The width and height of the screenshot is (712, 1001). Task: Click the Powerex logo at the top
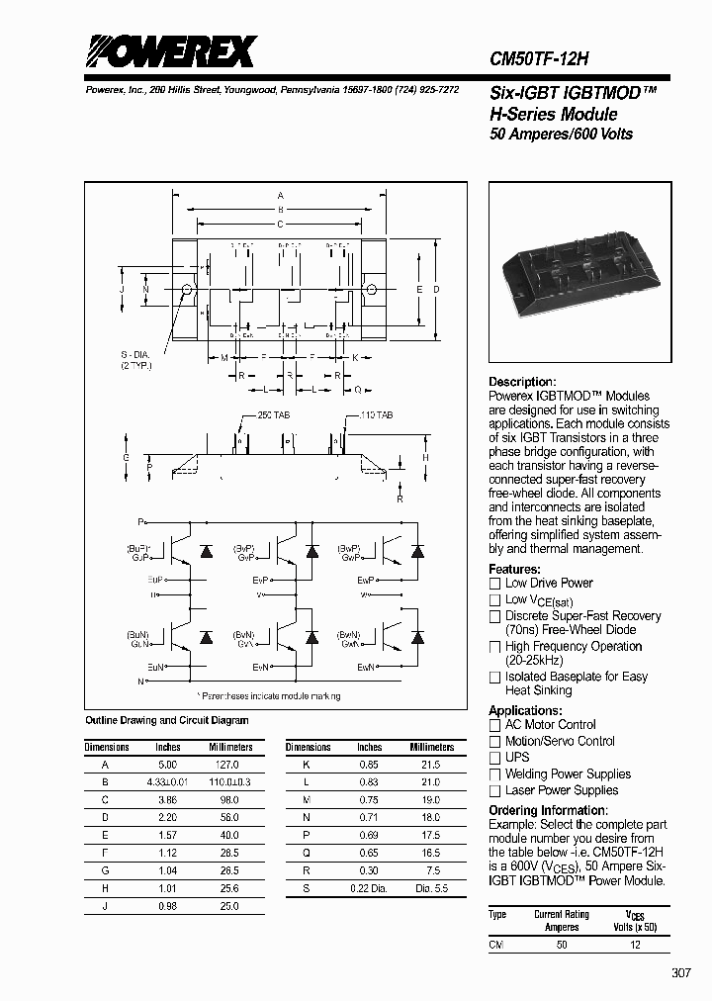tap(171, 51)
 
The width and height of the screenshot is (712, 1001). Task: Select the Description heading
tap(522, 382)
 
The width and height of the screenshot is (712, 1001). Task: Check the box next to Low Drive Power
tap(495, 584)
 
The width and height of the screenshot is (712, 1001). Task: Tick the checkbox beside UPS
tap(495, 758)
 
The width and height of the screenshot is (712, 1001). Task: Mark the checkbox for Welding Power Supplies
tap(495, 774)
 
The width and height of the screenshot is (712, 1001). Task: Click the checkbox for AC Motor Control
tap(495, 725)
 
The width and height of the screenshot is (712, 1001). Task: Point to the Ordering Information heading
tap(548, 810)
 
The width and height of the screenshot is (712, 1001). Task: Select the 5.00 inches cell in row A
tap(168, 765)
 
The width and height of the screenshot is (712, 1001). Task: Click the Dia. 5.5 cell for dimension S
tap(428, 889)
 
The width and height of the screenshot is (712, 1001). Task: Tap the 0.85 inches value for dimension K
tap(369, 765)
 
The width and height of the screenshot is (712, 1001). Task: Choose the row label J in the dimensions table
tap(106, 906)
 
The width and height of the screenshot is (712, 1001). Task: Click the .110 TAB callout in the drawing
tap(374, 415)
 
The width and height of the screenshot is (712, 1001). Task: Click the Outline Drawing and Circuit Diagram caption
tap(167, 720)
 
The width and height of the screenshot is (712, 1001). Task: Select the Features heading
tap(514, 569)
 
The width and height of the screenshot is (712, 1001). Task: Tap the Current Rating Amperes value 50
tap(562, 945)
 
